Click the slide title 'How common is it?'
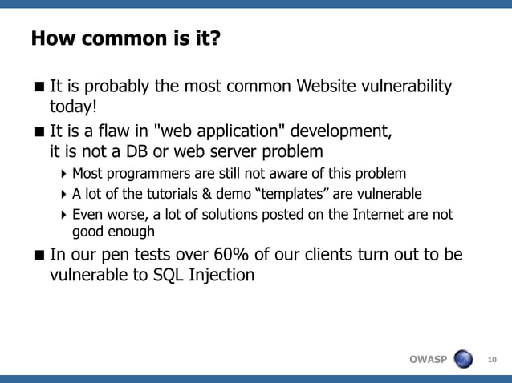point(124,38)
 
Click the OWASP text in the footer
point(428,359)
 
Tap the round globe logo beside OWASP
point(464,359)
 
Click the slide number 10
point(493,359)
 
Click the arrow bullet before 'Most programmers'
point(64,174)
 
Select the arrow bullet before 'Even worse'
point(64,216)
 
